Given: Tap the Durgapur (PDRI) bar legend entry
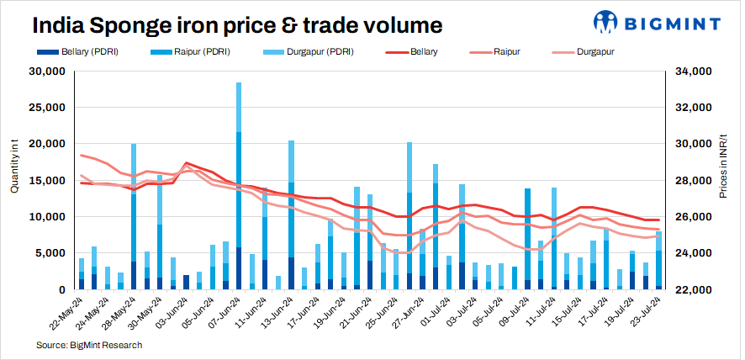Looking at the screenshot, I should [309, 52].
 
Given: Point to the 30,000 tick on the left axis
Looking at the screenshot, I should [48, 71].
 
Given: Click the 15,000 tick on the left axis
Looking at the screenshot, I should [48, 181].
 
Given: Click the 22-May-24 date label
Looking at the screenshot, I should [64, 314].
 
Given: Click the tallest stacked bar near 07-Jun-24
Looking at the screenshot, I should [239, 185].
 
